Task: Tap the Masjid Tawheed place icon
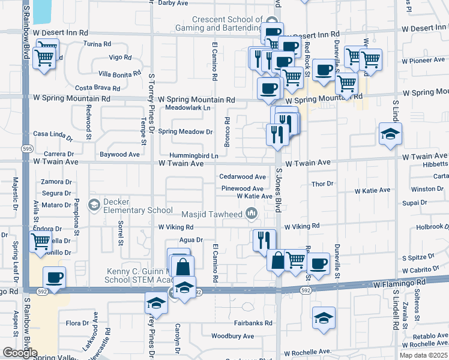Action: [x=252, y=214]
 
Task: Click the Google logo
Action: [x=20, y=353]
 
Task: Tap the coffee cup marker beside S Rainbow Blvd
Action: [x=54, y=278]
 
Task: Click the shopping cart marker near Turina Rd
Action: [x=44, y=58]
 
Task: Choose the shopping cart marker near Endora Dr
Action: [x=40, y=241]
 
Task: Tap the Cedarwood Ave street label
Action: [x=243, y=177]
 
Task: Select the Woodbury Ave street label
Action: [x=233, y=337]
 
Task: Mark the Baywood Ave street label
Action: [x=119, y=155]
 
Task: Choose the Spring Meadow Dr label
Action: [x=185, y=132]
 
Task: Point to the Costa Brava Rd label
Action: [x=94, y=88]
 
